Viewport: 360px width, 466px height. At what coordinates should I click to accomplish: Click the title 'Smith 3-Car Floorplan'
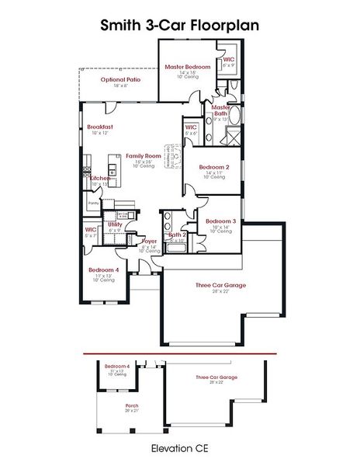tap(179, 25)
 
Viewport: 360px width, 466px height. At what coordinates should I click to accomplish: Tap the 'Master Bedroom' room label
tap(188, 67)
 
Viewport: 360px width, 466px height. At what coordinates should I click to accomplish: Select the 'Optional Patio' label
tap(119, 79)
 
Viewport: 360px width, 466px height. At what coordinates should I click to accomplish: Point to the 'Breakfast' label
tap(100, 126)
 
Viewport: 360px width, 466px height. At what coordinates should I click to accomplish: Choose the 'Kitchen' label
tap(100, 178)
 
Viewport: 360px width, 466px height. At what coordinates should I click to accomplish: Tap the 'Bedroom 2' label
tap(214, 167)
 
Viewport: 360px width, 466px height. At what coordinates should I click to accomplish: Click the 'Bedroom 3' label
tap(220, 221)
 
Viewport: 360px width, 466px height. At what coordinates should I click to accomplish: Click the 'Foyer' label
tap(150, 242)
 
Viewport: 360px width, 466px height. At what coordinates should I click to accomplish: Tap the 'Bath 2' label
tap(177, 235)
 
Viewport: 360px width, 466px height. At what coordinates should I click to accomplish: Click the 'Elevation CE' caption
tap(180, 448)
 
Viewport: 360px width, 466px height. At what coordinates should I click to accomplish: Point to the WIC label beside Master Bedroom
tap(229, 59)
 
